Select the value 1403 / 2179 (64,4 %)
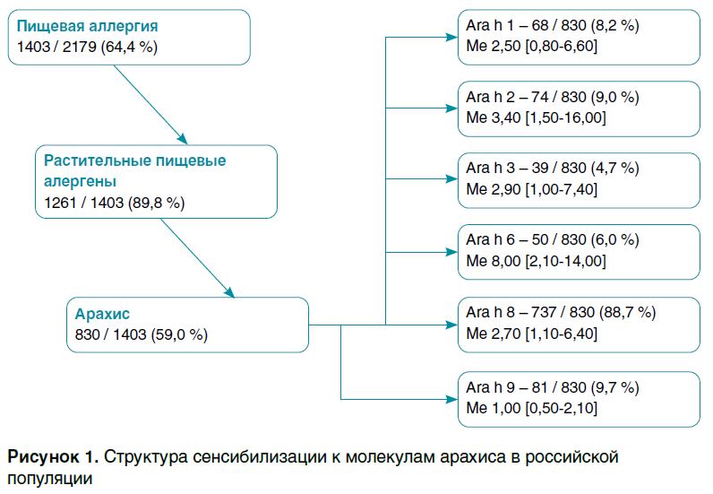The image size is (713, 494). click(x=87, y=46)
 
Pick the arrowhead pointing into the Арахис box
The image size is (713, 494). click(x=229, y=292)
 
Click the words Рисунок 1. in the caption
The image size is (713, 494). click(x=52, y=457)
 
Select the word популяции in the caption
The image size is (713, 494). click(x=50, y=479)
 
